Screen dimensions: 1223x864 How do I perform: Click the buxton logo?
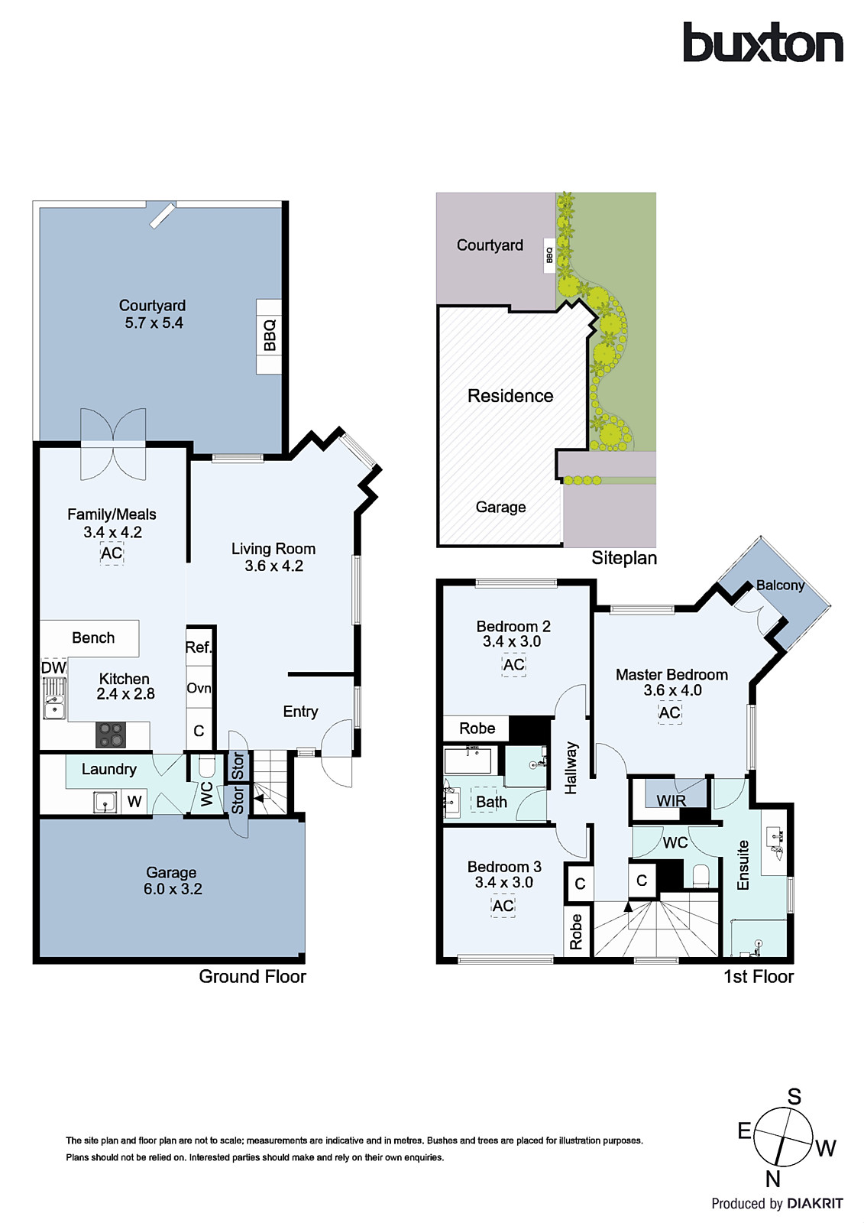(762, 44)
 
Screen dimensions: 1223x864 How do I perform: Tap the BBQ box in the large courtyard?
(269, 336)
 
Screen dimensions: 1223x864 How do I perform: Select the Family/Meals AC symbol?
(112, 553)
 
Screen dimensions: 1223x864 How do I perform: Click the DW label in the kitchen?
(53, 668)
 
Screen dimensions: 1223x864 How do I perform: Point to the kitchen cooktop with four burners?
(110, 735)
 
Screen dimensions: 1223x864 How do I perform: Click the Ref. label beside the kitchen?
(198, 647)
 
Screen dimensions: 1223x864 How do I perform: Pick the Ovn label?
(199, 688)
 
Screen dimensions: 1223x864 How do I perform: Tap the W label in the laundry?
(134, 802)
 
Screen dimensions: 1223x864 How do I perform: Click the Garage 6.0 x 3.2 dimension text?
(173, 889)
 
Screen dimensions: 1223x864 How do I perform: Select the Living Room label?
(273, 549)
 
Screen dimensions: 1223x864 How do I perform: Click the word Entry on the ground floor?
(300, 712)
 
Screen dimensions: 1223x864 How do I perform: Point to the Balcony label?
(780, 586)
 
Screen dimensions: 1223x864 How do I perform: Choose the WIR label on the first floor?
(671, 801)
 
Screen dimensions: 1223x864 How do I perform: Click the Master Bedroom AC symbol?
(669, 713)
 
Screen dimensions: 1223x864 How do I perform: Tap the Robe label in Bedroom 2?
(477, 728)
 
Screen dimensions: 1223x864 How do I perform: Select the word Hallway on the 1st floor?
(571, 768)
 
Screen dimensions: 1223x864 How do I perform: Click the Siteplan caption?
(623, 558)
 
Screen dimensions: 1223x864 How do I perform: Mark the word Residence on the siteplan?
(510, 396)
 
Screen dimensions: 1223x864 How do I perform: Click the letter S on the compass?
(794, 1097)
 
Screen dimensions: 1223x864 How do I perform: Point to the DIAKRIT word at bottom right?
(815, 1204)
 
